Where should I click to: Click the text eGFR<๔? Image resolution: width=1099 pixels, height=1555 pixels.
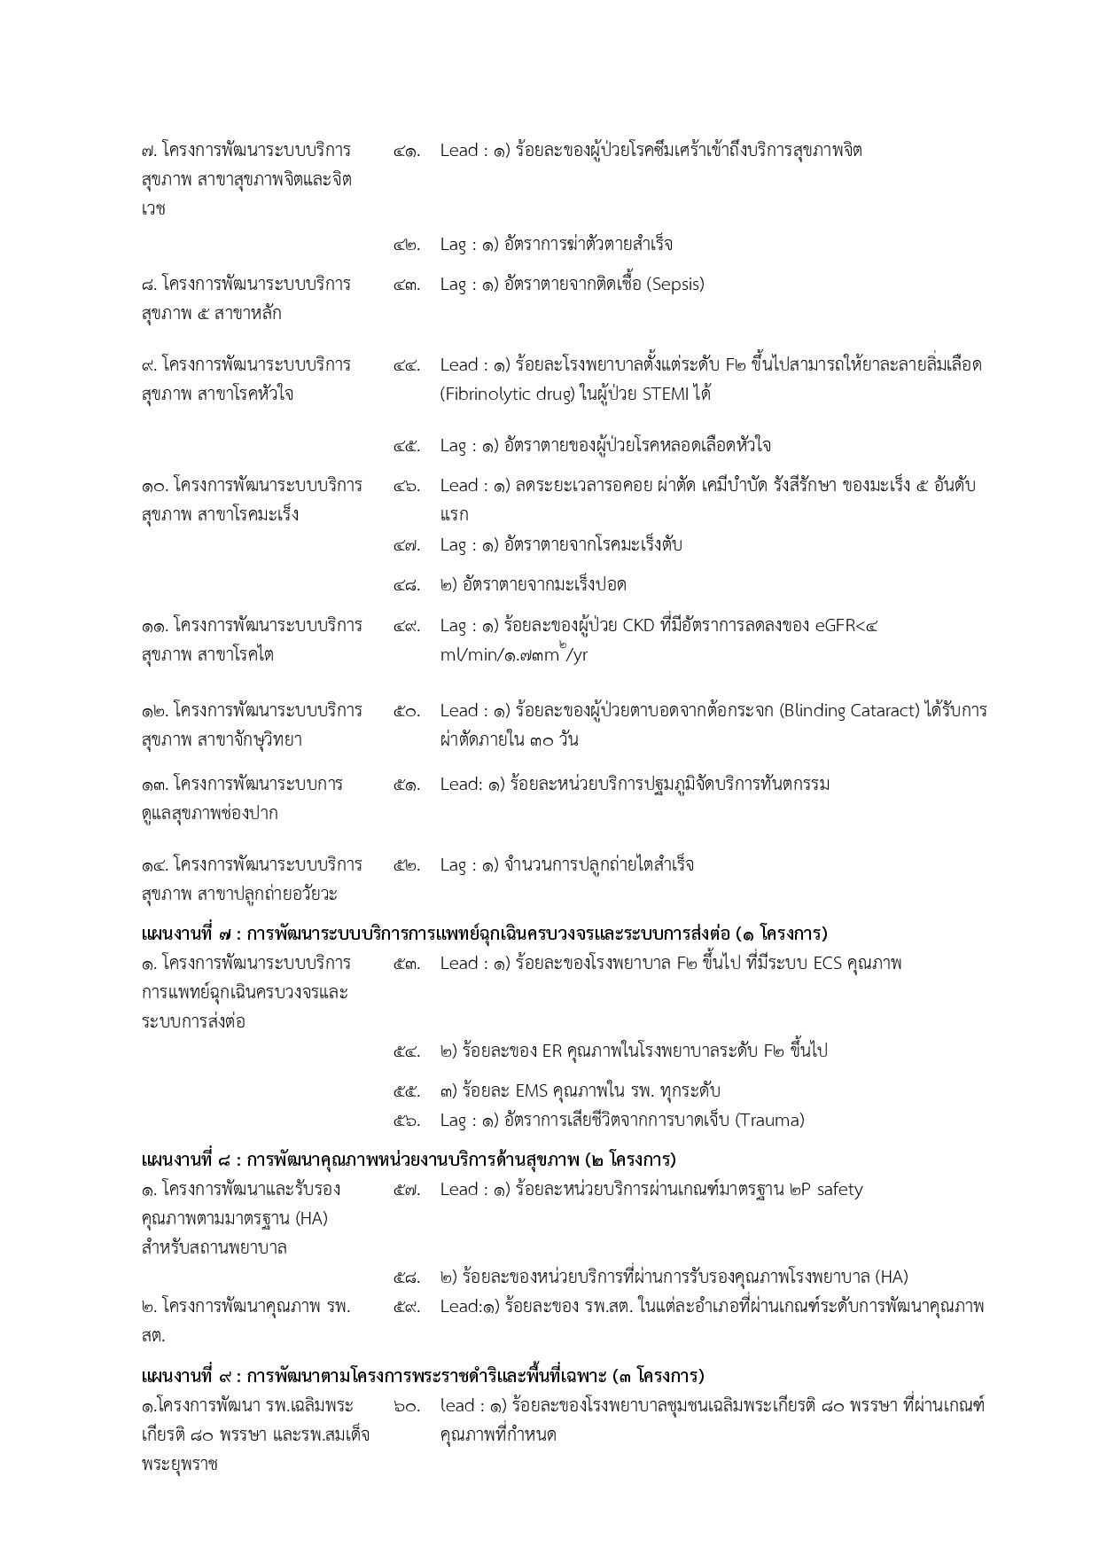(846, 626)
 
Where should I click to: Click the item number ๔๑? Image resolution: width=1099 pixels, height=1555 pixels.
(406, 151)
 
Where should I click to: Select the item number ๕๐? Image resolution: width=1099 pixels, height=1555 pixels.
(406, 711)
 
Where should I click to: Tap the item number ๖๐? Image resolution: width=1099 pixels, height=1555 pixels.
(406, 1406)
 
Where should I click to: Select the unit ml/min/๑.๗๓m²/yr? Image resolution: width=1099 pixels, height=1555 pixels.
(513, 654)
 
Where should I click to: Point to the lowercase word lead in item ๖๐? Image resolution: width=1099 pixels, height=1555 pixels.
(456, 1406)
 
